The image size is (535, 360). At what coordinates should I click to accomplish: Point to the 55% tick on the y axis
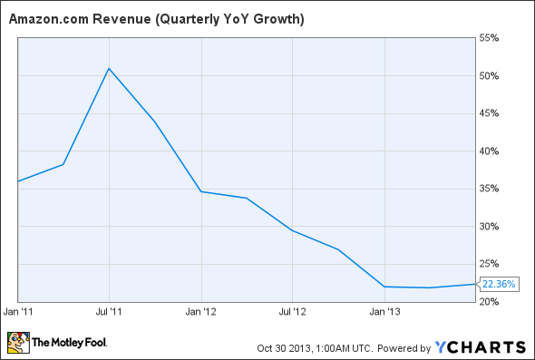[x=491, y=38]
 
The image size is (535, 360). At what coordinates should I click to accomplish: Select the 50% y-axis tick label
[x=491, y=75]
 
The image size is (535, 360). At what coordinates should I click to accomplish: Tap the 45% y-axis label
[x=491, y=113]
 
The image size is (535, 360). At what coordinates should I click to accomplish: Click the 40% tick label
[x=491, y=151]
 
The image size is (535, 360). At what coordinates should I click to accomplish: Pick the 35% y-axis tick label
[x=491, y=189]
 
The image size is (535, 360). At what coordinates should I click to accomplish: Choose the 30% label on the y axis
[x=491, y=227]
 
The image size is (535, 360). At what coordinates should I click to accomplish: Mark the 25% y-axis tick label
[x=491, y=264]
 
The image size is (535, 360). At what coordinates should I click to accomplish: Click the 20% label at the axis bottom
[x=491, y=301]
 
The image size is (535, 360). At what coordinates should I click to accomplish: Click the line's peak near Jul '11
[x=109, y=68]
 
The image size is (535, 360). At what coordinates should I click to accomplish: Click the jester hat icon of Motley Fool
[x=17, y=343]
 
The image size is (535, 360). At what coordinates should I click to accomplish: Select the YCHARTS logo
[x=481, y=345]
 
